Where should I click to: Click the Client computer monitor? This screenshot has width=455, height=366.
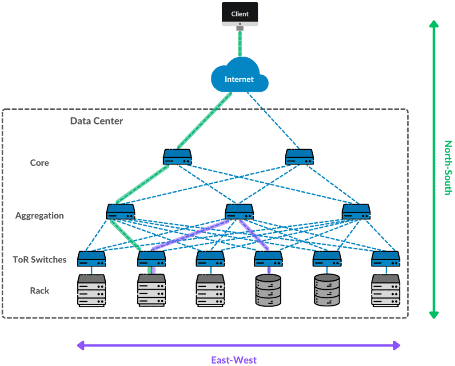pyautogui.click(x=240, y=15)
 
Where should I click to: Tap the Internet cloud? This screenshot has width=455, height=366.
pyautogui.click(x=239, y=79)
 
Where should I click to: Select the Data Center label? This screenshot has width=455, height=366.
pyautogui.click(x=96, y=121)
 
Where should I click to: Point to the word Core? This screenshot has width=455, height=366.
pyautogui.click(x=40, y=163)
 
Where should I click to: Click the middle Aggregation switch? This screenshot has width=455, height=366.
pyautogui.click(x=239, y=211)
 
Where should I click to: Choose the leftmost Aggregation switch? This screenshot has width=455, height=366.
pyautogui.click(x=120, y=211)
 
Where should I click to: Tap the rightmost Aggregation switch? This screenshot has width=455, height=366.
pyautogui.click(x=356, y=211)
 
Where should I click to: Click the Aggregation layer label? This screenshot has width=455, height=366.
pyautogui.click(x=40, y=216)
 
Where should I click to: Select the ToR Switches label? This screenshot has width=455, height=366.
pyautogui.click(x=40, y=260)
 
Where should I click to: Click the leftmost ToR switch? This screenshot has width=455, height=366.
pyautogui.click(x=92, y=258)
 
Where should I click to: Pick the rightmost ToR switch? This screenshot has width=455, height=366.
pyautogui.click(x=386, y=258)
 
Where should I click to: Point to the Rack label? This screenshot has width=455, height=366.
pyautogui.click(x=40, y=291)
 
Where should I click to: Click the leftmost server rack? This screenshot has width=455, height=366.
pyautogui.click(x=92, y=290)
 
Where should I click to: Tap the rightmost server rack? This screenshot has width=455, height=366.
pyautogui.click(x=386, y=290)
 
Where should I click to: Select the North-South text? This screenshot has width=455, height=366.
pyautogui.click(x=447, y=168)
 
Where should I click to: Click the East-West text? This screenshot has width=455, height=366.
pyautogui.click(x=234, y=360)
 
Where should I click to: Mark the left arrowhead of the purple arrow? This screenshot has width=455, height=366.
pyautogui.click(x=80, y=345)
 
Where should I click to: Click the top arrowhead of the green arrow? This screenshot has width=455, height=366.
pyautogui.click(x=433, y=25)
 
